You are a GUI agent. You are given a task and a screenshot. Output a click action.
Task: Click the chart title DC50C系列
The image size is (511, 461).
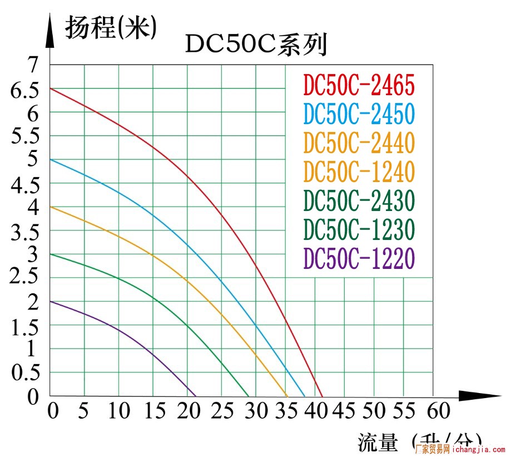coord(256,45)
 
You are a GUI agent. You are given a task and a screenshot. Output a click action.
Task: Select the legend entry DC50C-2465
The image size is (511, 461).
coord(359,85)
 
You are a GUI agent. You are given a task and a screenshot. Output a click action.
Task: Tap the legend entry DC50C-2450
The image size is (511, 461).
coord(359,114)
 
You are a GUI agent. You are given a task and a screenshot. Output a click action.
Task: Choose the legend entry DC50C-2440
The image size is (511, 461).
coord(359,143)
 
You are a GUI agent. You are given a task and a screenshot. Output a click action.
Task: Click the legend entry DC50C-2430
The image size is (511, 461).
coord(359,200)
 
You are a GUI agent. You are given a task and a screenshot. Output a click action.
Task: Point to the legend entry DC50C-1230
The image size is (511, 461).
coord(359,229)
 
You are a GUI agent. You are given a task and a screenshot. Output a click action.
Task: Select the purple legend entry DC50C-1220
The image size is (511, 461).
coord(359,258)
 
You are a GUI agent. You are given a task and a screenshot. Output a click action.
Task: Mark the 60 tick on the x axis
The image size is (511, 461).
coord(438,411)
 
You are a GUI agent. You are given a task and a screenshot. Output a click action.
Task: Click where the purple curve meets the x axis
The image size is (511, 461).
coord(196,396)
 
